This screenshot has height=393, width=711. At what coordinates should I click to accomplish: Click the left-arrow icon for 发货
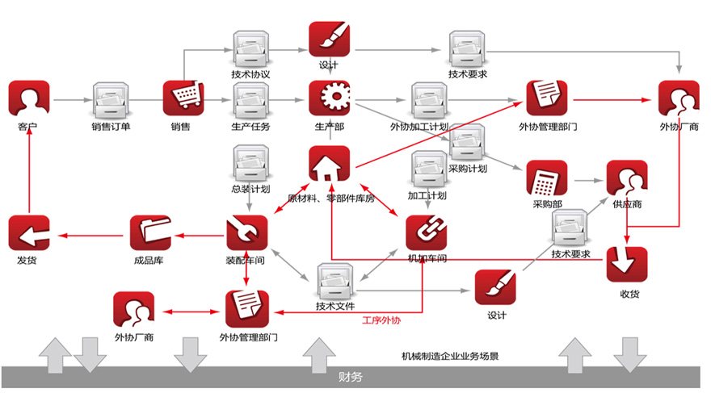(x=29, y=235)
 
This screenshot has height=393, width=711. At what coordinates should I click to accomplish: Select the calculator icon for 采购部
(x=546, y=181)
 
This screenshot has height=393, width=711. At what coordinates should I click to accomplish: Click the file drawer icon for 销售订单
(x=111, y=100)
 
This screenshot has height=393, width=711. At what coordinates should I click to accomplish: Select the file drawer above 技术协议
(x=250, y=50)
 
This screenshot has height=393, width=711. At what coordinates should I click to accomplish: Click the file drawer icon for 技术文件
(x=334, y=282)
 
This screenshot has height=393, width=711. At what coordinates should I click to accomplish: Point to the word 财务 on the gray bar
(x=351, y=377)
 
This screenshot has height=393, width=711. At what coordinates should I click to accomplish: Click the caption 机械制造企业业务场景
(x=450, y=355)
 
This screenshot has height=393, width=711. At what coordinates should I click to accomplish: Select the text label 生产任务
(x=251, y=127)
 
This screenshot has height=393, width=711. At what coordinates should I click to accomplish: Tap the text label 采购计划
(x=468, y=169)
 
